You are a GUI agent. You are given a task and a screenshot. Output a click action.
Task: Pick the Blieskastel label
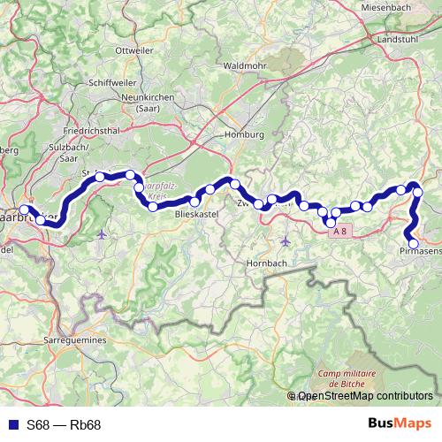[x=196, y=214]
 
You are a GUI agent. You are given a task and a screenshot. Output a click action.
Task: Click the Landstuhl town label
[x=397, y=40]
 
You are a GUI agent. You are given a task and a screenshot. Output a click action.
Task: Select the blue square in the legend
[x=11, y=425]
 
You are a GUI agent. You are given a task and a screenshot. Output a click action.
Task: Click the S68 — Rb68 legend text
[x=64, y=425]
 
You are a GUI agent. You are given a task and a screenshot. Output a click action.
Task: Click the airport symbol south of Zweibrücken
[x=285, y=240]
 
